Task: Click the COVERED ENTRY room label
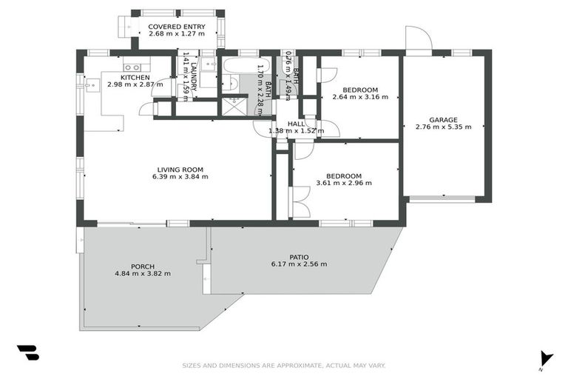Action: click(176, 27)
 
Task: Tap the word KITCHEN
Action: click(135, 77)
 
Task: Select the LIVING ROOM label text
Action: click(180, 169)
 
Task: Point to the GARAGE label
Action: click(443, 119)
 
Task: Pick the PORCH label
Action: click(143, 266)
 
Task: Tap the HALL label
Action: click(296, 124)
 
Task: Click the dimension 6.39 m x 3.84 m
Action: click(180, 177)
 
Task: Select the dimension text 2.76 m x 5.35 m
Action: click(443, 127)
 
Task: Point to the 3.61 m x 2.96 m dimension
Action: click(343, 183)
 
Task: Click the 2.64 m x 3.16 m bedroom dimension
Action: click(360, 97)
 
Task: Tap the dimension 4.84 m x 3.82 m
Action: click(143, 273)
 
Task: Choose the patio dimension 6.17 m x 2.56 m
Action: click(300, 264)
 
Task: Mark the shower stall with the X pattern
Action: click(231, 106)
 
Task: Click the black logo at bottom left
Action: click(27, 353)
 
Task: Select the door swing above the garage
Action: click(417, 39)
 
